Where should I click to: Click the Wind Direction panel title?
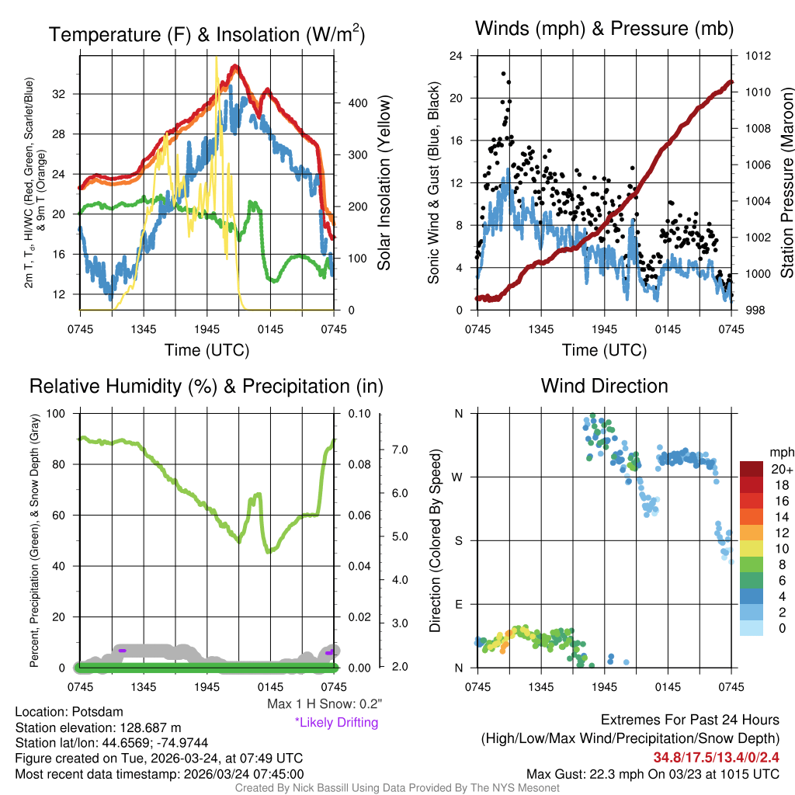point(604,386)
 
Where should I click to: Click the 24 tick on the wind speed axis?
point(457,56)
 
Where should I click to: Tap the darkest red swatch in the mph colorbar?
point(752,468)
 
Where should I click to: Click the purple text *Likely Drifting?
point(336,723)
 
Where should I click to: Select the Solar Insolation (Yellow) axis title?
point(384,183)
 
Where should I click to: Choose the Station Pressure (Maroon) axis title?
point(786,183)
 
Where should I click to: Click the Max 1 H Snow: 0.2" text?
point(324,704)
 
